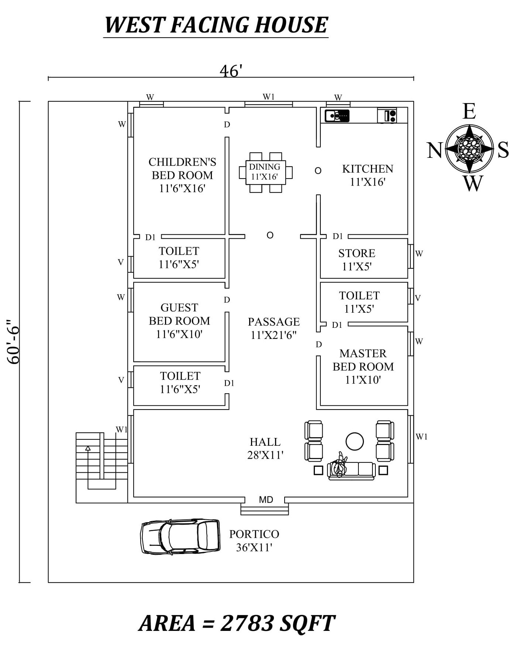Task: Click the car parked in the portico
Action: click(x=180, y=536)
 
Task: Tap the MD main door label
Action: click(x=266, y=500)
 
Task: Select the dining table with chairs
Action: click(x=265, y=172)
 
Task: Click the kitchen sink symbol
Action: click(x=337, y=116)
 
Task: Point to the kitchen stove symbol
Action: click(x=387, y=116)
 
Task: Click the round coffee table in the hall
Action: click(x=354, y=441)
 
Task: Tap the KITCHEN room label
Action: click(x=368, y=169)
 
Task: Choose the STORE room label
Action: click(x=357, y=253)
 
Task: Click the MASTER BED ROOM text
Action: click(x=363, y=360)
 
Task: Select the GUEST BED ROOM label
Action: click(x=179, y=314)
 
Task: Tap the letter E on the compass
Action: click(x=469, y=111)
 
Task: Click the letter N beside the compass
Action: click(x=435, y=150)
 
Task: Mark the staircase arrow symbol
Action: click(x=88, y=448)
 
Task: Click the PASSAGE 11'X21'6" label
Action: click(x=274, y=328)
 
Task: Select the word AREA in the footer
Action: click(x=167, y=623)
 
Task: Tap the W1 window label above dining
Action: click(x=269, y=97)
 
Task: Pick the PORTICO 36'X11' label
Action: click(x=254, y=540)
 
